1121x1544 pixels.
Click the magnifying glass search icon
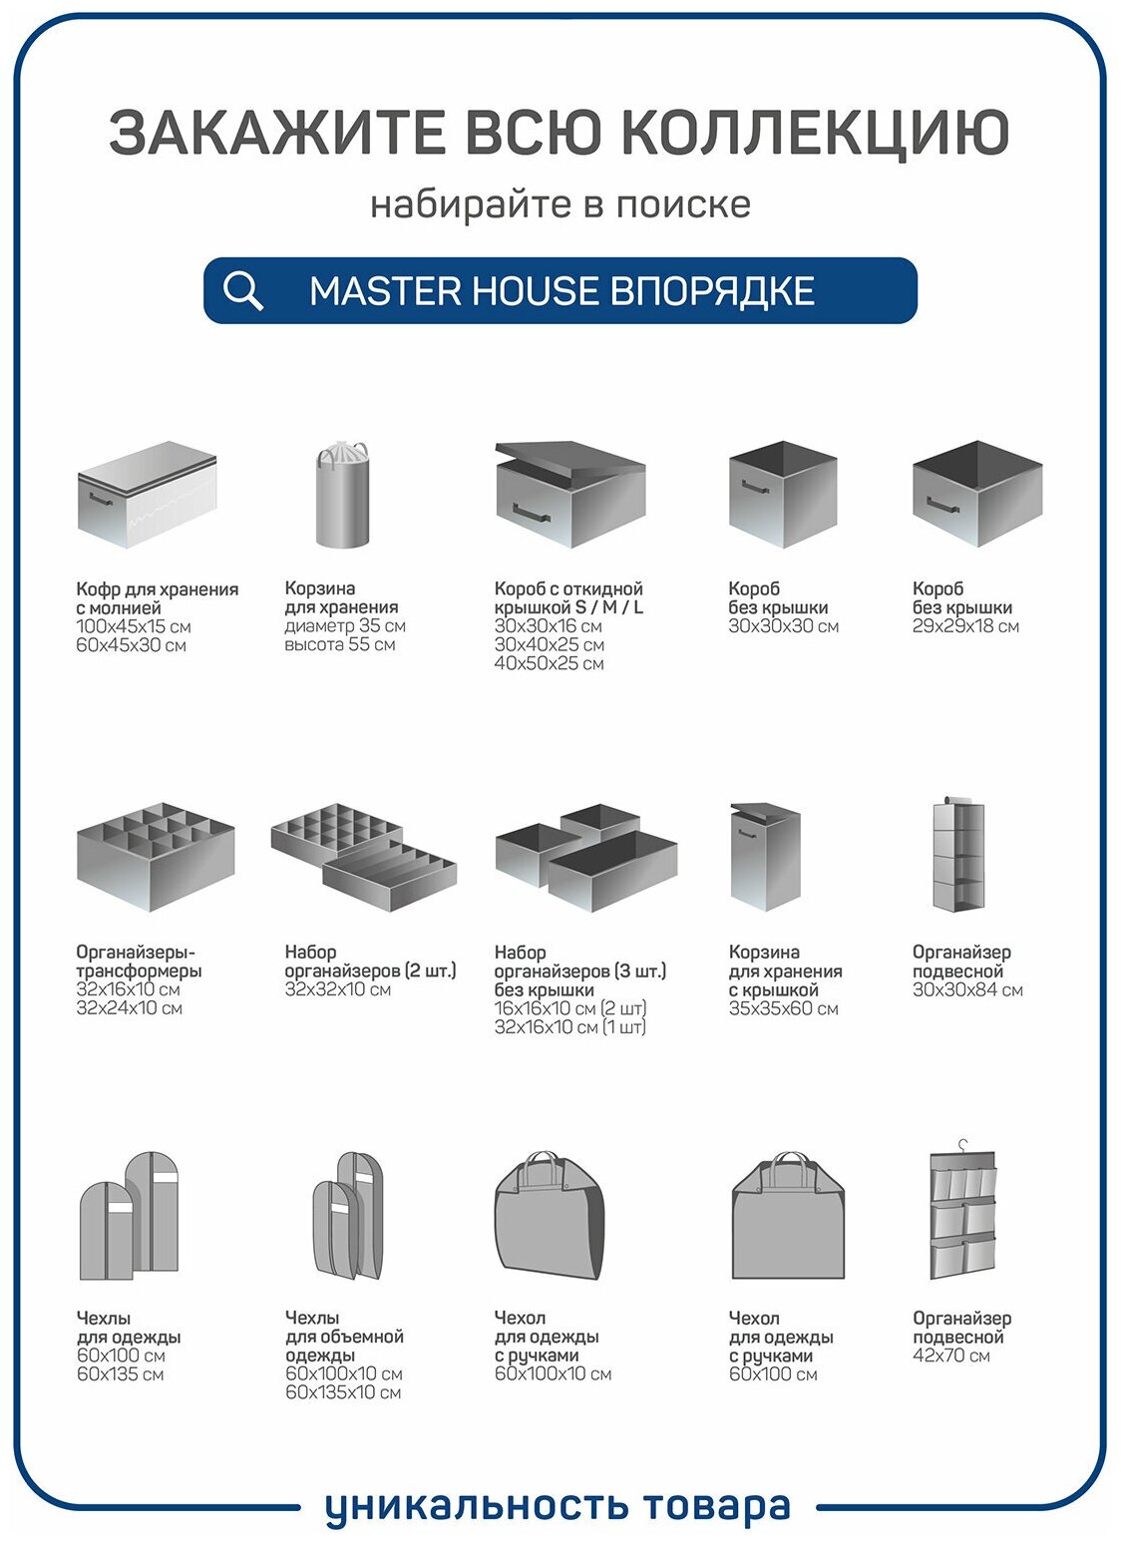[x=242, y=290]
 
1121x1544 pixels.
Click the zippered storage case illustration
[x=147, y=495]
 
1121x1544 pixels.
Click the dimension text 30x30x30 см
[x=783, y=626]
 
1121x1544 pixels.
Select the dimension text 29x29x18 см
[x=965, y=626]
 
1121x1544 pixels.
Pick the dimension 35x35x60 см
[x=783, y=1008]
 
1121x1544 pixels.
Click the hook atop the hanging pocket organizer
[x=962, y=1145]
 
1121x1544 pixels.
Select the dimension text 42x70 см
[x=951, y=1355]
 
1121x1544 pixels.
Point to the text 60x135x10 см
[x=343, y=1392]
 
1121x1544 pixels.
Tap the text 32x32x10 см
[x=337, y=989]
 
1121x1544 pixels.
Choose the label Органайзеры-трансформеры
[x=139, y=962]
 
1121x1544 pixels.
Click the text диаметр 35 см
[x=344, y=626]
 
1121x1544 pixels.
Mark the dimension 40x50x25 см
[x=549, y=663]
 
